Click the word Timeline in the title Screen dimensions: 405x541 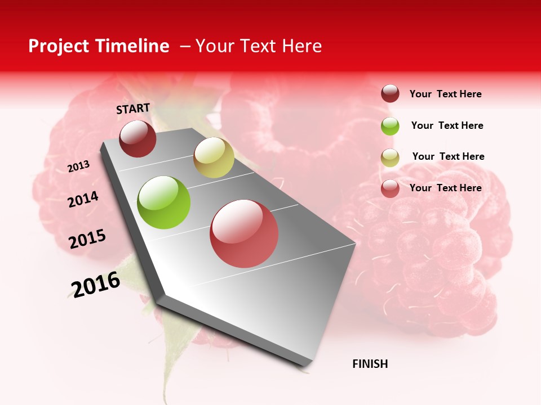134,46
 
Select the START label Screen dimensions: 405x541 133,109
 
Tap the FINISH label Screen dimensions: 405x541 370,364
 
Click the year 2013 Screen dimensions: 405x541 79,166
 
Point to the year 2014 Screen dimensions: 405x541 83,199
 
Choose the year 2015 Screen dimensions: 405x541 87,238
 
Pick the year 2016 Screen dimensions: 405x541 96,284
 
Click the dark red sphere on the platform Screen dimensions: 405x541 138,138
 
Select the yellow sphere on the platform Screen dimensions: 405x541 214,157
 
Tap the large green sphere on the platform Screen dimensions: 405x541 164,202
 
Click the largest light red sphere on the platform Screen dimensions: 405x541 244,233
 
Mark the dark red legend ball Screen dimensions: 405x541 390,94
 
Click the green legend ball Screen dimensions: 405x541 390,126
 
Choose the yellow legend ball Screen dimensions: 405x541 390,157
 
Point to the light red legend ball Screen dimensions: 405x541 390,188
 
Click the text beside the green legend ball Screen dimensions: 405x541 447,125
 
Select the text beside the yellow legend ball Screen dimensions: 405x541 448,156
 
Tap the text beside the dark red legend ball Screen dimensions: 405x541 445,94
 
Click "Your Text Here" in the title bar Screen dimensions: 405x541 259,46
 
